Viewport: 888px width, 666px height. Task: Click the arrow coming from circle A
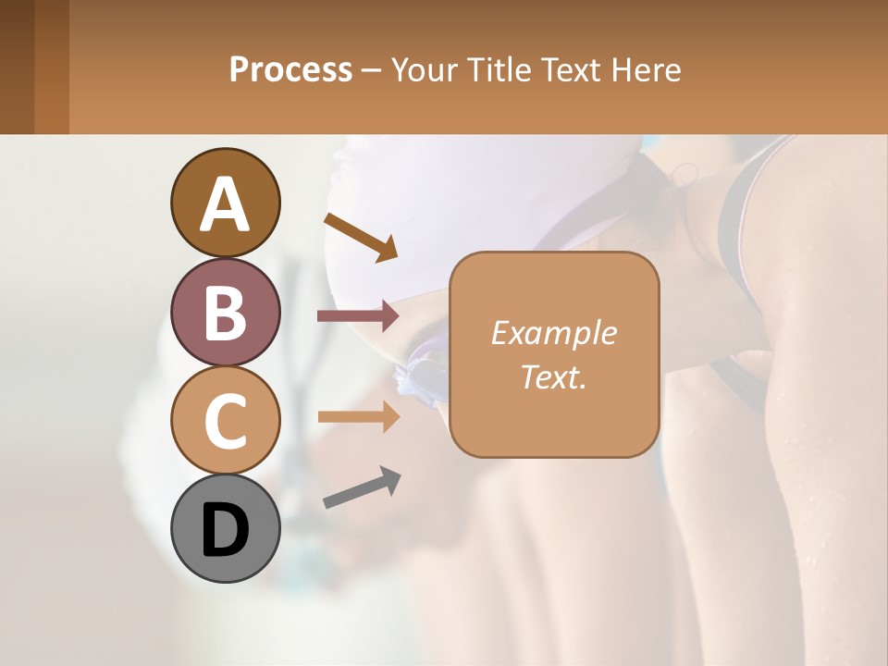361,237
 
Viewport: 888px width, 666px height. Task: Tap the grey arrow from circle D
362,488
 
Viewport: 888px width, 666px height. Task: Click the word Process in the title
290,69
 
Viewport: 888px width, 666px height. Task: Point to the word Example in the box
553,333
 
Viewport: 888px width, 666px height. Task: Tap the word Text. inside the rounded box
553,376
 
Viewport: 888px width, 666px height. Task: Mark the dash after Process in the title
372,70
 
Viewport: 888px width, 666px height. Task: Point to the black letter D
225,531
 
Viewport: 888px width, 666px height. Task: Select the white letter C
225,422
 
